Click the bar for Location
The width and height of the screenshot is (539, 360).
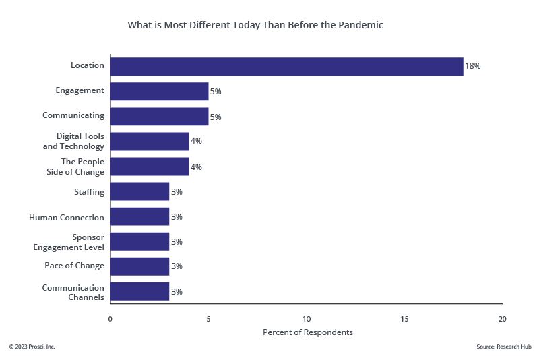click(x=286, y=66)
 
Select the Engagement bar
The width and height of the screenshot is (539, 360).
click(x=159, y=91)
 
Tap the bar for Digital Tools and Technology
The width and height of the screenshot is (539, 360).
click(x=150, y=141)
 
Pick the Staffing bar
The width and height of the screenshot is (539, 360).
click(x=139, y=191)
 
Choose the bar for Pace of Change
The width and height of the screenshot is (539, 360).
click(x=139, y=266)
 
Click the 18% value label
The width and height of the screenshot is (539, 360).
click(x=472, y=66)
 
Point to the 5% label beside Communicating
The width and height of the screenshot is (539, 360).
click(x=216, y=117)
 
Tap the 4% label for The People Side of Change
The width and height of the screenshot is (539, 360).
click(x=196, y=167)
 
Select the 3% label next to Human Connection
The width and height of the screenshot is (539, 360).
click(x=177, y=217)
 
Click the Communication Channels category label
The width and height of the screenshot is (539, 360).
click(x=73, y=292)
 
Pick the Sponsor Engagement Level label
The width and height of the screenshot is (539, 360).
click(x=69, y=242)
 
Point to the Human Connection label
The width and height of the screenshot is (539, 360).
click(x=67, y=218)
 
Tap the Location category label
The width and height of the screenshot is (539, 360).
click(x=88, y=65)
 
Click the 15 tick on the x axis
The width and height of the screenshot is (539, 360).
click(x=404, y=318)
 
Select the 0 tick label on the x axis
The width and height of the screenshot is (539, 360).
click(x=110, y=318)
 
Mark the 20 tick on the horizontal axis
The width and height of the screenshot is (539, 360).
click(x=502, y=318)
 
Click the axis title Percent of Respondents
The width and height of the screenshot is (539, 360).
click(x=307, y=332)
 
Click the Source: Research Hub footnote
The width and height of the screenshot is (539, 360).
click(x=503, y=347)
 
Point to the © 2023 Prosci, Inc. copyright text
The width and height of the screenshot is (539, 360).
click(x=32, y=347)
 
